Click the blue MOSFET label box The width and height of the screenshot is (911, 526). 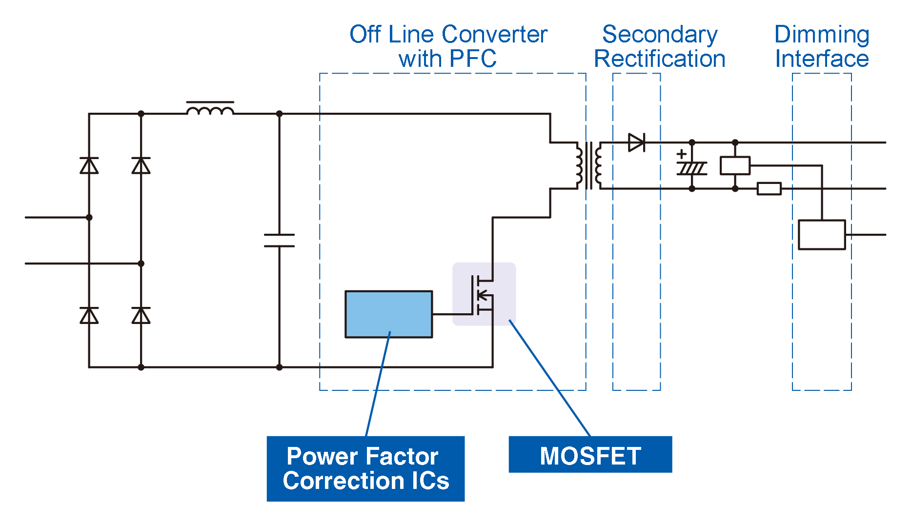click(x=590, y=454)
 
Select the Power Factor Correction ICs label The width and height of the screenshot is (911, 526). click(x=365, y=468)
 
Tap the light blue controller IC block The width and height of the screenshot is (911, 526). click(x=388, y=314)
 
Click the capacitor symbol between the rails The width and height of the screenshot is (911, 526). click(x=279, y=240)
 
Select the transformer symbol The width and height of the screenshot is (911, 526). click(x=589, y=165)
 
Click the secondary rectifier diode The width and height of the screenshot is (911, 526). click(x=636, y=142)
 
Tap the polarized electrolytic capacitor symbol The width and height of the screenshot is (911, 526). click(x=691, y=168)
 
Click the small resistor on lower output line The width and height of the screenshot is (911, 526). click(x=769, y=189)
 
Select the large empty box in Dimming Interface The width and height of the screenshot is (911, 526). click(x=822, y=235)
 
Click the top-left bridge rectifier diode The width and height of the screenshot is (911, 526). click(x=89, y=166)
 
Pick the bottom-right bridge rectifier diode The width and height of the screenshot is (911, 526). click(x=141, y=316)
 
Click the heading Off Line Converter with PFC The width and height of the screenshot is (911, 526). click(x=448, y=46)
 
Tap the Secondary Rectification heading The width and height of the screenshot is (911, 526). click(x=660, y=46)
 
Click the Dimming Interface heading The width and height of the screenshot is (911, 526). click(x=822, y=46)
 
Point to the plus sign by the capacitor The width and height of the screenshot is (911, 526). click(x=682, y=154)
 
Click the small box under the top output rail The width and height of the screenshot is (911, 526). click(x=735, y=166)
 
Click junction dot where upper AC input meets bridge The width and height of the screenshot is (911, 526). click(x=89, y=217)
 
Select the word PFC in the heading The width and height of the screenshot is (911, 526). click(x=473, y=59)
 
